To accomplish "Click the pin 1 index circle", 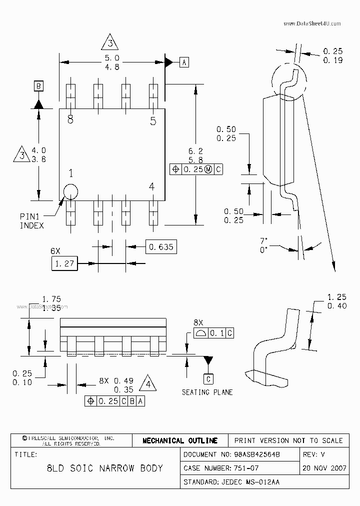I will [70, 191].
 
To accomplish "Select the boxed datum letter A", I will [184, 62].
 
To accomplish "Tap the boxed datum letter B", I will [38, 86].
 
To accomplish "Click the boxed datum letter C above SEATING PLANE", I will [209, 379].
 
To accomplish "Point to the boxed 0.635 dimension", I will [161, 246].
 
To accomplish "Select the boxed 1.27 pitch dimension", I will [64, 263].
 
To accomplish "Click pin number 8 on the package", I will [70, 120].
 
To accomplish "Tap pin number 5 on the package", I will [153, 120].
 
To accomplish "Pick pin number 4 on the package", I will [152, 186].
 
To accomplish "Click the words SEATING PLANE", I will [207, 392].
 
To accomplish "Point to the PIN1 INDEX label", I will [31, 221].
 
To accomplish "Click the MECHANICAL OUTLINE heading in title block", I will [180, 440].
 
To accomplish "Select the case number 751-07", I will [246, 468].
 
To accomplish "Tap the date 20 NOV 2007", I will [324, 468].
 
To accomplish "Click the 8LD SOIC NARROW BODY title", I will [104, 468].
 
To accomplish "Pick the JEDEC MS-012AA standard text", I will [252, 482].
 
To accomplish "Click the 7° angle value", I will [264, 240].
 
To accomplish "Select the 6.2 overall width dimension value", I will [194, 150].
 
